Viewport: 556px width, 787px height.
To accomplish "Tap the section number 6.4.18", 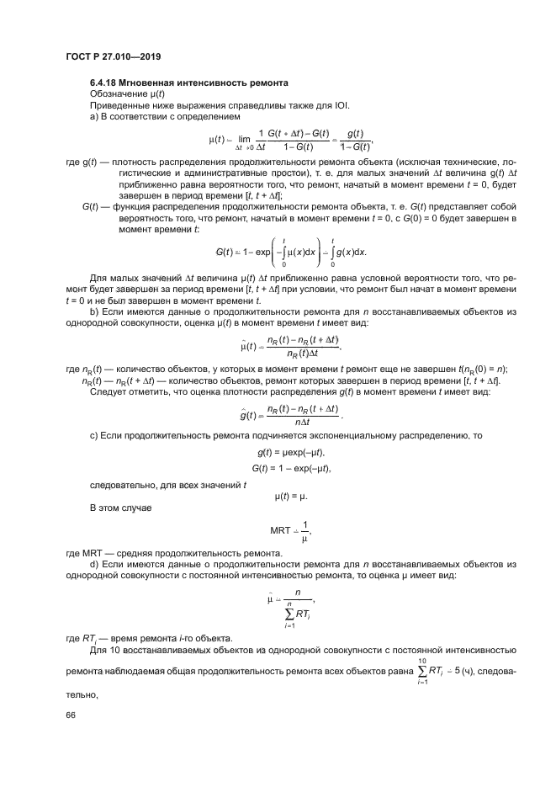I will click(104, 83).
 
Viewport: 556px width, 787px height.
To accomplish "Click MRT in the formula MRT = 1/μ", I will click(281, 530).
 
